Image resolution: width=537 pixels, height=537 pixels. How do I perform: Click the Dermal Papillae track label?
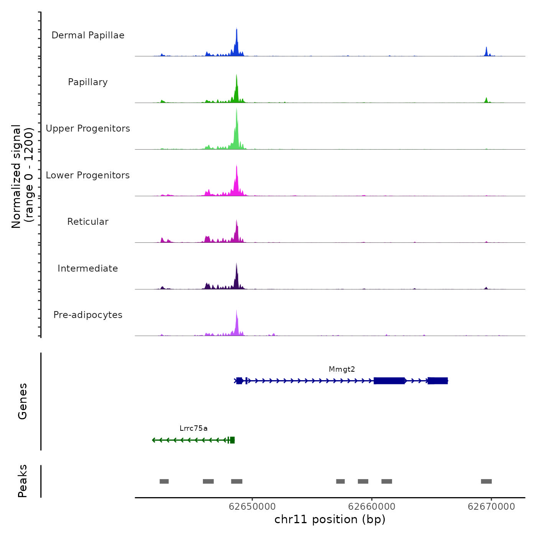coord(88,35)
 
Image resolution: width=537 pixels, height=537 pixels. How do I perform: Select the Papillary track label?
coord(88,82)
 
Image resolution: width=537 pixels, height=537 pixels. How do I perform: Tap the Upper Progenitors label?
coord(88,128)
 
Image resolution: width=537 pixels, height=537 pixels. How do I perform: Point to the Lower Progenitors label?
coord(88,175)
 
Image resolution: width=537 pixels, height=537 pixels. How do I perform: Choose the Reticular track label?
coord(88,222)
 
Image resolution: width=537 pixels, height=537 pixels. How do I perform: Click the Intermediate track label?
coord(88,268)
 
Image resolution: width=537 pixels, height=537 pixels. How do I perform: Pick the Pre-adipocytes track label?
coord(88,315)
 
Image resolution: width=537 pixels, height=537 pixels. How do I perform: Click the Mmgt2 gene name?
coord(342,369)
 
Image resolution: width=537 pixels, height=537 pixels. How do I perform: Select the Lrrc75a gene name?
coord(193,428)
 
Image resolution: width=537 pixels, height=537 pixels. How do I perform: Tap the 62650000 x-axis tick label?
coord(252,507)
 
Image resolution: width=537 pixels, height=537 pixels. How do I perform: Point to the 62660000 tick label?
coord(372,507)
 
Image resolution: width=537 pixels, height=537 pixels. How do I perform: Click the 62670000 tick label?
coord(491,507)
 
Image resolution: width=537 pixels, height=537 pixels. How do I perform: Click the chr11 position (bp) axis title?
coord(330,519)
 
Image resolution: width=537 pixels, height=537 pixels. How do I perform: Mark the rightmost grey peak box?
coord(486,481)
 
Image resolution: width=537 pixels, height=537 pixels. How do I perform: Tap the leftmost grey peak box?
coord(164,481)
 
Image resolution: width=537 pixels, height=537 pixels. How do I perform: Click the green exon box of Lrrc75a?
coord(232,440)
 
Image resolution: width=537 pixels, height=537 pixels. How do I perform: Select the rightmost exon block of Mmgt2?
coord(438,381)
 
